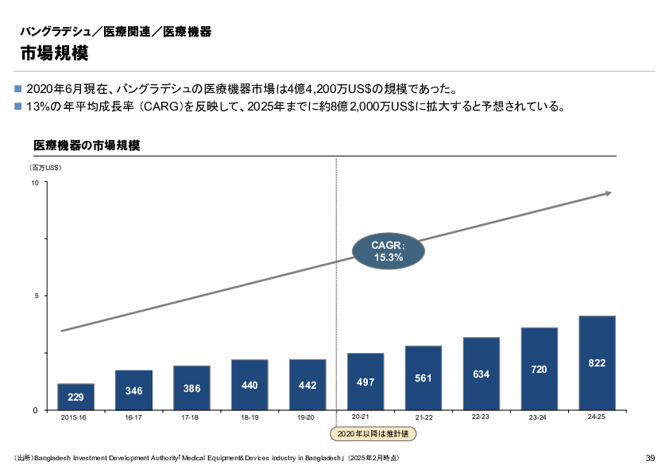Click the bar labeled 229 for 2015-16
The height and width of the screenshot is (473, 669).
point(75,396)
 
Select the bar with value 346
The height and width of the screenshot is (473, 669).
point(133,390)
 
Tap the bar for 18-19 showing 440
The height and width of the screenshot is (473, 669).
point(249,385)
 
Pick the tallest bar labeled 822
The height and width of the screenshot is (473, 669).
point(597,363)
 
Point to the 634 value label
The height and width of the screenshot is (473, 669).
point(481,374)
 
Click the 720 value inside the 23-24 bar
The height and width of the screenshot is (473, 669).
point(539,370)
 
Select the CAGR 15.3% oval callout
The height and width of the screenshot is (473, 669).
point(389,251)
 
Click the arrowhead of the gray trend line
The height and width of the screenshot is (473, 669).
point(608,193)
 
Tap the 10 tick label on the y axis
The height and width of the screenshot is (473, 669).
point(34,184)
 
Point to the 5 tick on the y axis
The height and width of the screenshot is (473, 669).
point(36,297)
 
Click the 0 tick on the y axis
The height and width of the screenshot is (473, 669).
point(36,410)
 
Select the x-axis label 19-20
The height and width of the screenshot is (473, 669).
point(307,417)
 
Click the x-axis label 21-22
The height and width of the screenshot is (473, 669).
point(423,417)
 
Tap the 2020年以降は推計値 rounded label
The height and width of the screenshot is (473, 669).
point(373,434)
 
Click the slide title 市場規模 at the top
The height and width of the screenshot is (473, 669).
point(54,53)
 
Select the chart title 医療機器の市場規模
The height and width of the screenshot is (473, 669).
point(87,146)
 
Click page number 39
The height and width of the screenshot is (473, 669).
point(650,458)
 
